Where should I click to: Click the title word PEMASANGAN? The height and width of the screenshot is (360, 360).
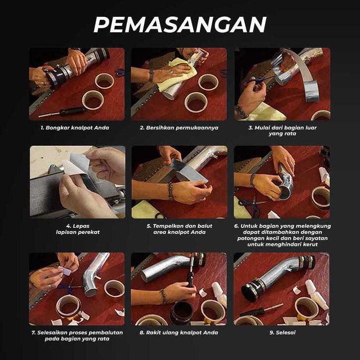[180, 25]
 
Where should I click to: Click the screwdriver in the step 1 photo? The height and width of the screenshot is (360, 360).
[61, 112]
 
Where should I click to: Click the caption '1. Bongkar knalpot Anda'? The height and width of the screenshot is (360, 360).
[75, 127]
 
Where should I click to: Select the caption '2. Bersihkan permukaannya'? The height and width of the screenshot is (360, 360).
[179, 127]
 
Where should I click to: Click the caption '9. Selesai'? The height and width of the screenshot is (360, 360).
[283, 332]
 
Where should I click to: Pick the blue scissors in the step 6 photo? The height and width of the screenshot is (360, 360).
[252, 205]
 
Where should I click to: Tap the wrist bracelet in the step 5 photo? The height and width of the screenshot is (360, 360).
[171, 191]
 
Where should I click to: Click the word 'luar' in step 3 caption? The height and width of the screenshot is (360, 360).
[311, 127]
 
